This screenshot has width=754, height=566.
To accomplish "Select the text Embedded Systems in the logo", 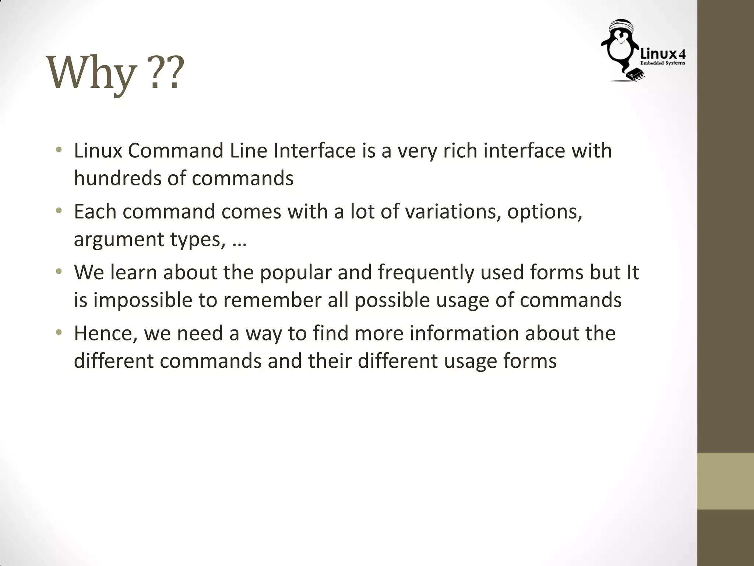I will coord(663,63).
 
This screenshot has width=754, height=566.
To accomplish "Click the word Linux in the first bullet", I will coord(98,151).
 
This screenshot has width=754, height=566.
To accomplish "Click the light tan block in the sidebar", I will coord(725,481).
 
